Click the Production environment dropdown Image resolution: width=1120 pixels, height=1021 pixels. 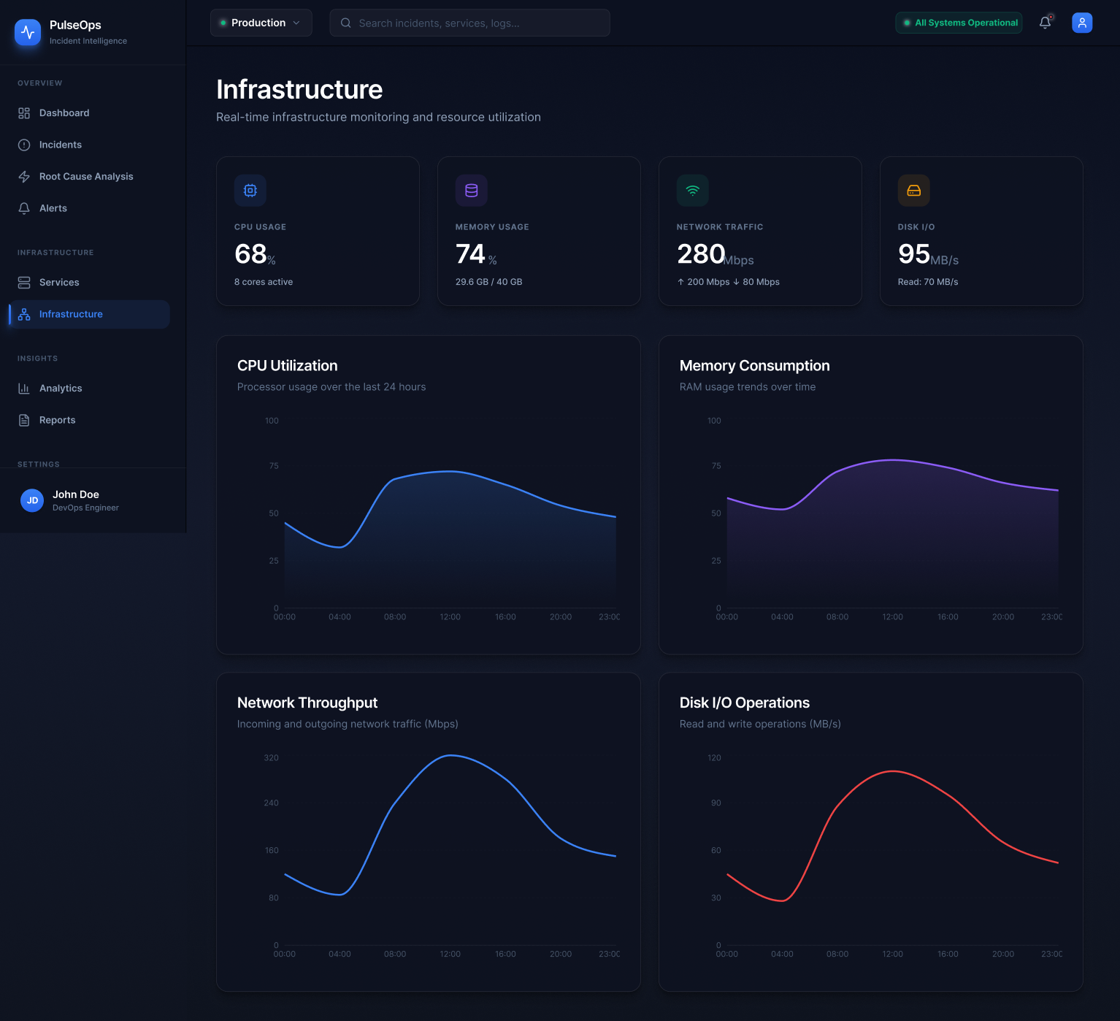pyautogui.click(x=261, y=23)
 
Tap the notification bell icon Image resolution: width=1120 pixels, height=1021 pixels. pyautogui.click(x=1045, y=23)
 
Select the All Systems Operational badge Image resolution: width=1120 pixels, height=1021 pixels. pyautogui.click(x=959, y=23)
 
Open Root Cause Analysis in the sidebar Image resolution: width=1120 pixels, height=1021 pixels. pyautogui.click(x=85, y=177)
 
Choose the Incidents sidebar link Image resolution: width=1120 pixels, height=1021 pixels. pyautogui.click(x=60, y=145)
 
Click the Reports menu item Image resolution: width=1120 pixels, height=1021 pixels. pyautogui.click(x=57, y=420)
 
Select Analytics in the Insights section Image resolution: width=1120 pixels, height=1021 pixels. pyautogui.click(x=60, y=389)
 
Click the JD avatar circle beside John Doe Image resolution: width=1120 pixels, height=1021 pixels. pyautogui.click(x=32, y=500)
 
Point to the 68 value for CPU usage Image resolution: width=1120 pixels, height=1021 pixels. pyautogui.click(x=250, y=254)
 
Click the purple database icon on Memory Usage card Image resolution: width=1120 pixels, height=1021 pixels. pyautogui.click(x=471, y=191)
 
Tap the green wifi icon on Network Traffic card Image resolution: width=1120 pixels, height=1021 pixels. pyautogui.click(x=692, y=191)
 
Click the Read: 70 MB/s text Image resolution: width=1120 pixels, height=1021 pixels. pyautogui.click(x=927, y=282)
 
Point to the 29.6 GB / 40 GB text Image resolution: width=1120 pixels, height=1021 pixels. pyautogui.click(x=488, y=282)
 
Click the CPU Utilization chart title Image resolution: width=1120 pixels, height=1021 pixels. pyautogui.click(x=287, y=366)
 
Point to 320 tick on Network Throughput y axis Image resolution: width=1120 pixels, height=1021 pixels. pyautogui.click(x=271, y=758)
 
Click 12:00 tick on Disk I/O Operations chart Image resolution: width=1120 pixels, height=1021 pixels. pyautogui.click(x=892, y=954)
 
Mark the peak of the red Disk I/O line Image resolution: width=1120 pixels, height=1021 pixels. pyautogui.click(x=892, y=771)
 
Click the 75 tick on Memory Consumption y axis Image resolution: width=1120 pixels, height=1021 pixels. pyautogui.click(x=716, y=466)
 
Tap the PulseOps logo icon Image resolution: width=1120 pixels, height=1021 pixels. pyautogui.click(x=28, y=32)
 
